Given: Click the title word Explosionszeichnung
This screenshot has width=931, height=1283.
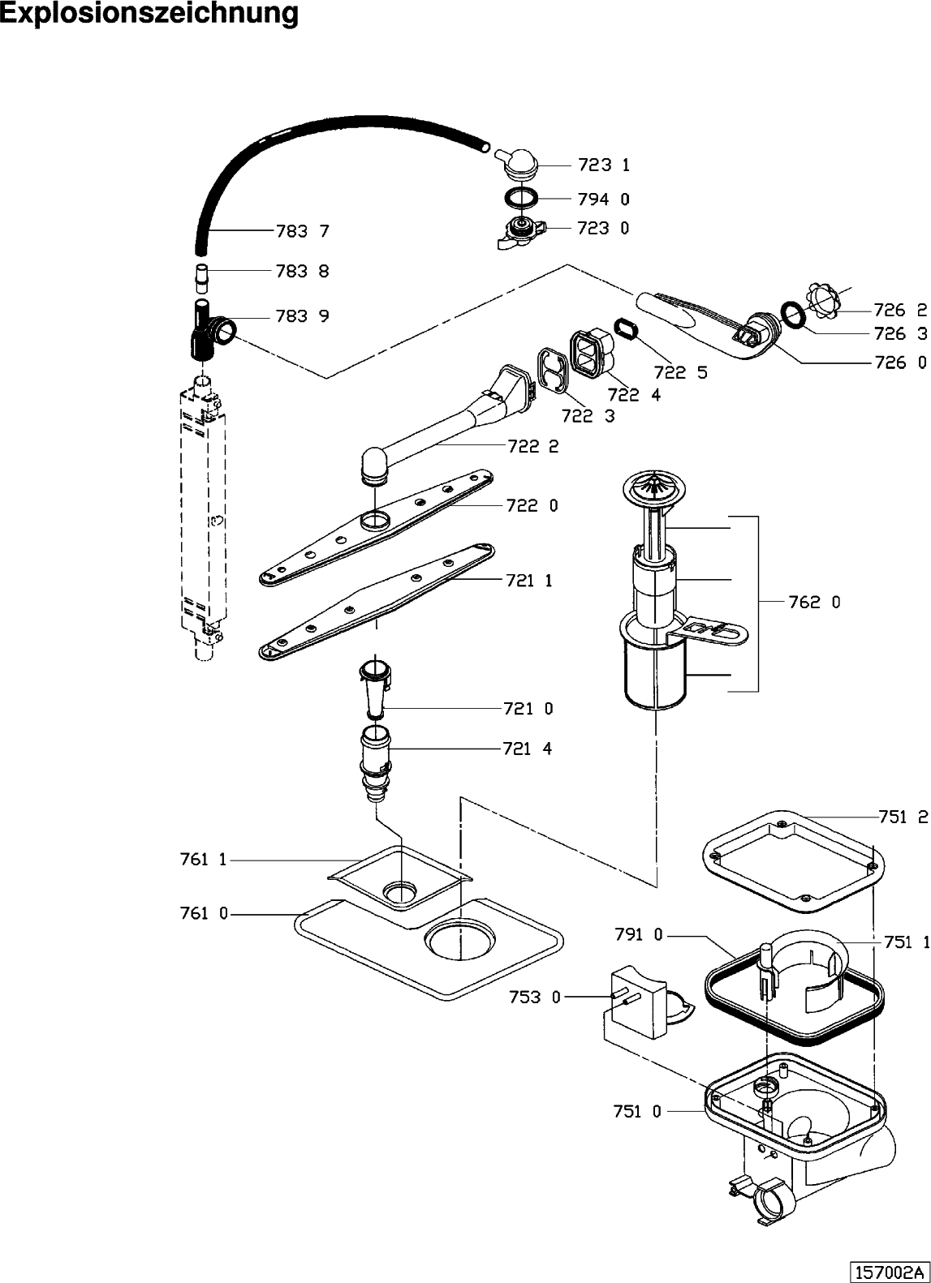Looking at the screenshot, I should (x=149, y=14).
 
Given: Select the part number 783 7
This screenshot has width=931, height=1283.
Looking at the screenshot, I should (x=302, y=232).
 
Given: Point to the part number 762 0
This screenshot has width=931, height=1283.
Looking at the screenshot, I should (x=814, y=602).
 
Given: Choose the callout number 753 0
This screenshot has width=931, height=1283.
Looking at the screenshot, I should (x=536, y=997).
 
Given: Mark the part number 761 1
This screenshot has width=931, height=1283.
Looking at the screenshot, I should (x=204, y=860).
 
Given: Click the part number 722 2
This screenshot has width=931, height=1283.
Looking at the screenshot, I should (x=532, y=446).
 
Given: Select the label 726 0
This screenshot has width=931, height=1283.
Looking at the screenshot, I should (x=900, y=363).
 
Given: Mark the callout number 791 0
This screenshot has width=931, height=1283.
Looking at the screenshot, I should (x=639, y=935).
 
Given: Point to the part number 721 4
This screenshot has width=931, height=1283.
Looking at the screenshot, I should (x=528, y=749).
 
